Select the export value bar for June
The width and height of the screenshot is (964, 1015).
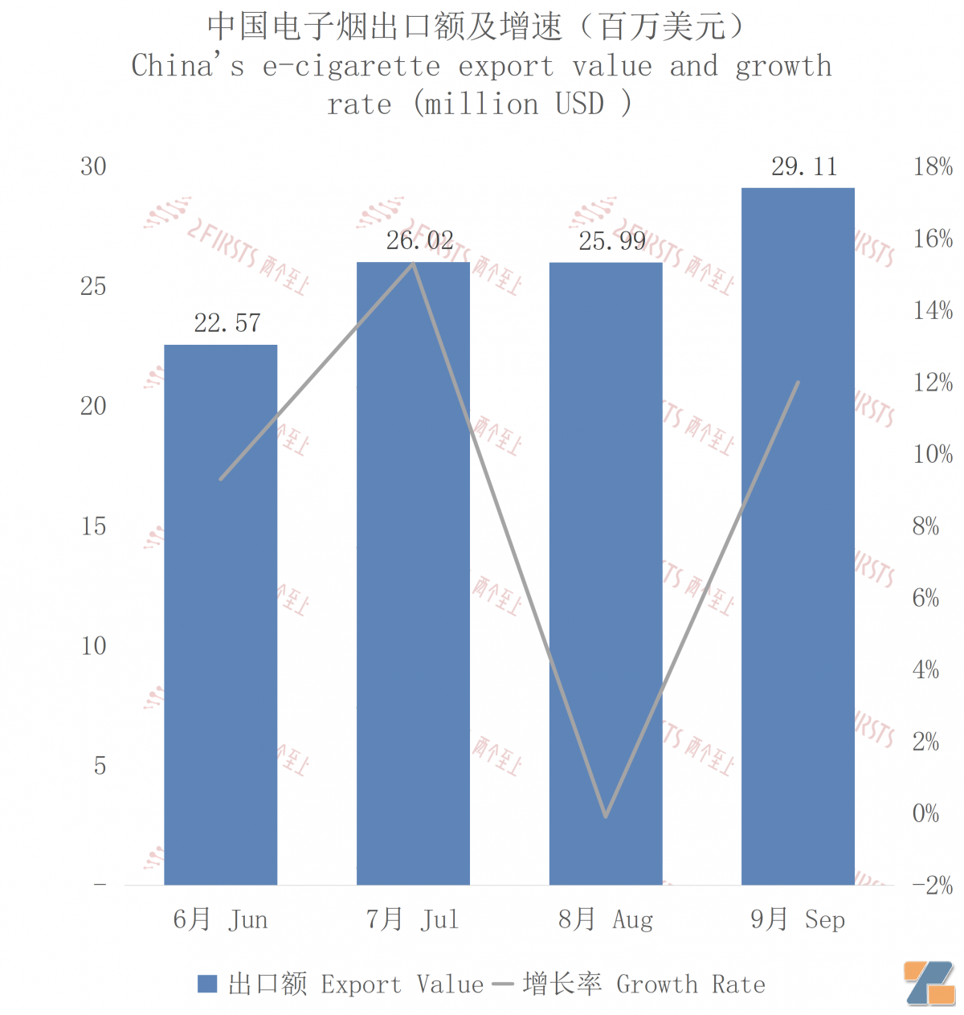tap(220, 615)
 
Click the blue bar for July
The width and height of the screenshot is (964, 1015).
tap(413, 573)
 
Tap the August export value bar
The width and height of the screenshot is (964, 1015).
tap(606, 573)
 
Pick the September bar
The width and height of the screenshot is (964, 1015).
tap(798, 536)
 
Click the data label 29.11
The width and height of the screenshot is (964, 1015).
tap(804, 167)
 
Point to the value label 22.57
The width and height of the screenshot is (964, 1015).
tap(227, 323)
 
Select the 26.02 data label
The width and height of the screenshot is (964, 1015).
tap(419, 240)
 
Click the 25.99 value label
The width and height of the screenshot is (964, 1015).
tap(612, 241)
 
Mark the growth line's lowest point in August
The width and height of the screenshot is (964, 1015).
tap(606, 817)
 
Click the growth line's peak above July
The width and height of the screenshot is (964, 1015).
tap(414, 263)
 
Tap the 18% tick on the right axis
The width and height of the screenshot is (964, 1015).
tap(933, 167)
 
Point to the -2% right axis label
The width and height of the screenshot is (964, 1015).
tap(932, 886)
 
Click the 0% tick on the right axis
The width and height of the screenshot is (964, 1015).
tap(925, 813)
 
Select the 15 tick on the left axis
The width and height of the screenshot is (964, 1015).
tap(93, 526)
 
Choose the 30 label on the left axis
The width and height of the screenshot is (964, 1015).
tap(93, 167)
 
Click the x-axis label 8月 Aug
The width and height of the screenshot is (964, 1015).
tap(606, 919)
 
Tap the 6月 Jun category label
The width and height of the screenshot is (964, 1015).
tap(220, 919)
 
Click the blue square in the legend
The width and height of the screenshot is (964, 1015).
tap(207, 984)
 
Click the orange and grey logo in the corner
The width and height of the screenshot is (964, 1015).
tap(929, 983)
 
